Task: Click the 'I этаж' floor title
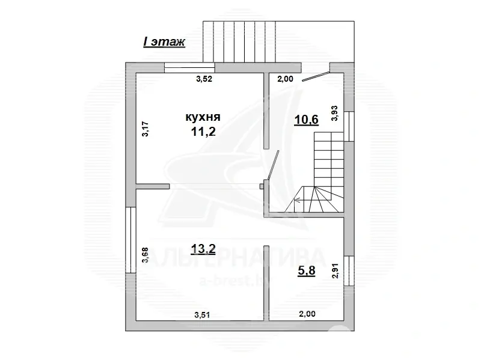[x=164, y=41]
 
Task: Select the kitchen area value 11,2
[x=203, y=132]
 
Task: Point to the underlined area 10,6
[x=306, y=119]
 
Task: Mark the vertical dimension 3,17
[x=145, y=130]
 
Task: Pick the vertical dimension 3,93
[x=335, y=113]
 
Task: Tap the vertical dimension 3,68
[x=145, y=257]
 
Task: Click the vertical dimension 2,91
[x=335, y=271]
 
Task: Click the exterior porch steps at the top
[x=240, y=41]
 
